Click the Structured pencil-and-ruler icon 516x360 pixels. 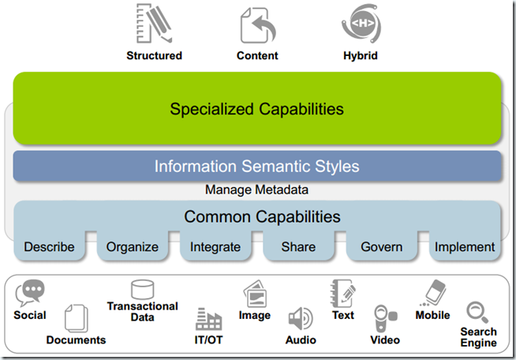click(154, 24)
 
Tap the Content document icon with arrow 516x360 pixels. click(258, 24)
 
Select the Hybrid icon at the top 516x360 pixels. click(362, 24)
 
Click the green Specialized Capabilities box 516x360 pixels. click(257, 109)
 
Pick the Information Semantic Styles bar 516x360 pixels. click(257, 167)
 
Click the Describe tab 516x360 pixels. click(49, 246)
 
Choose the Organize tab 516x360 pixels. click(132, 246)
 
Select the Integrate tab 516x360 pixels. click(215, 246)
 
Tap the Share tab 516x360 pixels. click(299, 246)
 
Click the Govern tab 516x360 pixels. click(382, 246)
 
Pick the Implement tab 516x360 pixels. click(465, 246)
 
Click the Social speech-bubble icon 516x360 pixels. click(30, 293)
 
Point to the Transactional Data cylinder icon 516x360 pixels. click(142, 289)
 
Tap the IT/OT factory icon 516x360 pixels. click(209, 319)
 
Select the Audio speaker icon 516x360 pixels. click(300, 319)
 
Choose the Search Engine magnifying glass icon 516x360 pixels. click(477, 310)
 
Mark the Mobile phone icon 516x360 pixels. click(432, 293)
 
